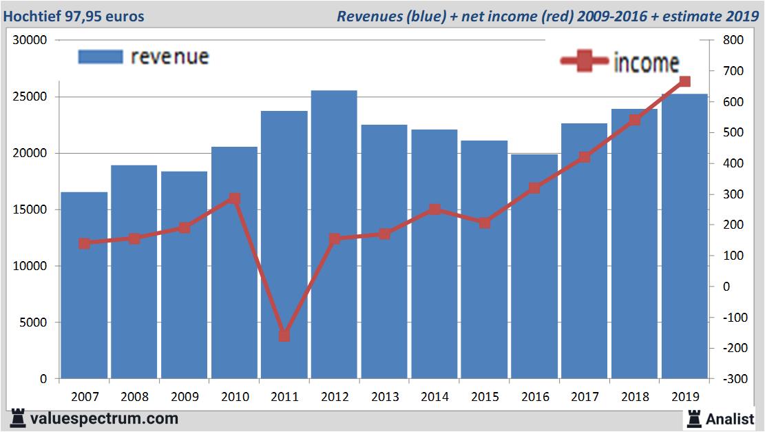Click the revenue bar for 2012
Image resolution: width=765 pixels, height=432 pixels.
[x=334, y=234]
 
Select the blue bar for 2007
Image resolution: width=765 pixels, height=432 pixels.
[x=84, y=285]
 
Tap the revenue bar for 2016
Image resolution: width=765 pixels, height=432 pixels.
[x=534, y=266]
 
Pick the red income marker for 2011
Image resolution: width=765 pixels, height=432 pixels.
[x=284, y=336]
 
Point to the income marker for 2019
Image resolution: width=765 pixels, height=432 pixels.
[x=684, y=82]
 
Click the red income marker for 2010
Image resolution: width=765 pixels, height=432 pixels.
[x=234, y=198]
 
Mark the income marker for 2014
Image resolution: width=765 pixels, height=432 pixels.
[x=434, y=209]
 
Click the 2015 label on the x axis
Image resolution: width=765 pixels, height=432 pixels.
[x=485, y=397]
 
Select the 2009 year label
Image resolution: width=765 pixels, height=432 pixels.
[x=185, y=397]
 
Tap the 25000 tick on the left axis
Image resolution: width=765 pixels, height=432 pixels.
[x=32, y=96]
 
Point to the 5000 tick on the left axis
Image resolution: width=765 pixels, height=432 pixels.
[x=35, y=322]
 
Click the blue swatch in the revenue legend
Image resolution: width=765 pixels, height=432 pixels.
[x=101, y=56]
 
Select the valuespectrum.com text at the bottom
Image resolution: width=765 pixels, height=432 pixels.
[x=105, y=418]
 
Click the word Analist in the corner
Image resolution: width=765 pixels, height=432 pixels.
[x=731, y=418]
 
